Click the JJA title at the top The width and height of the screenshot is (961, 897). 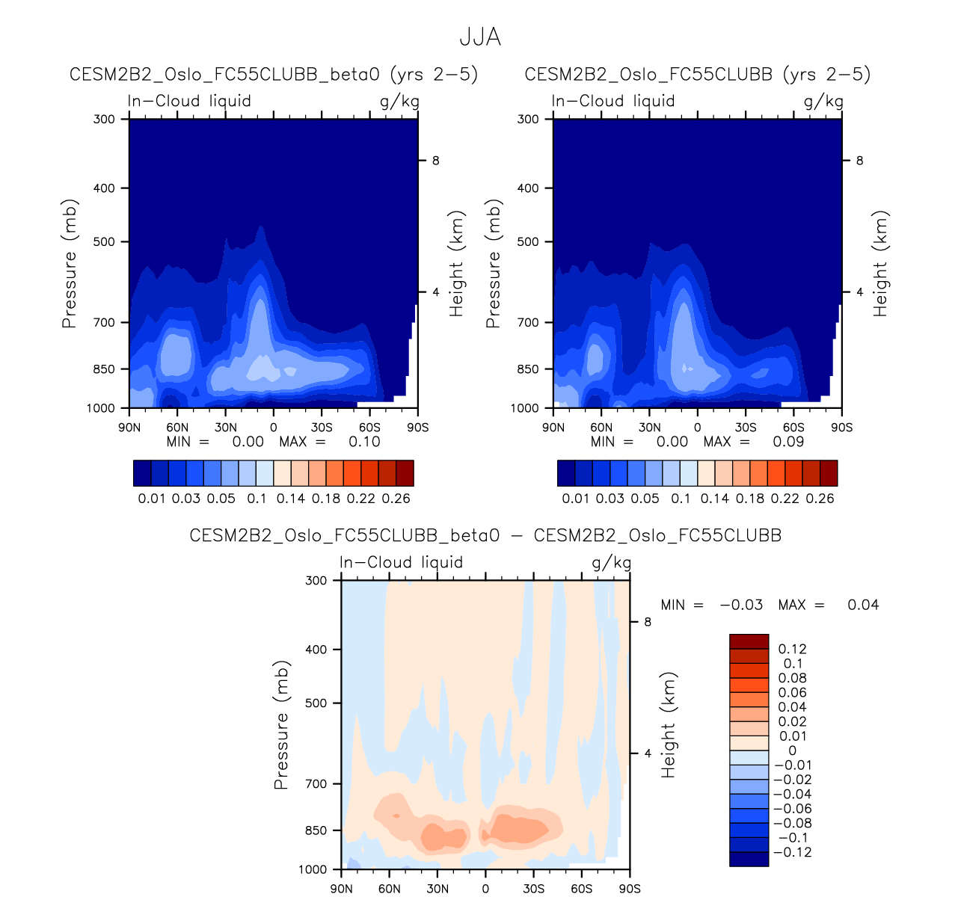(x=479, y=37)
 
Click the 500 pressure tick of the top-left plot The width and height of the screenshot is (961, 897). (x=104, y=242)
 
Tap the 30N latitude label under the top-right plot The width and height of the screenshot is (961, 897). (x=649, y=428)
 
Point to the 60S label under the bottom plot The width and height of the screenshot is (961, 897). (x=581, y=889)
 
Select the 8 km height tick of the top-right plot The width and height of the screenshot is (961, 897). (x=859, y=161)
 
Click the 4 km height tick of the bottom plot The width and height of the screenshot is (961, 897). (x=648, y=753)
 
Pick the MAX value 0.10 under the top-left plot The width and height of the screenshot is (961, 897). (x=364, y=442)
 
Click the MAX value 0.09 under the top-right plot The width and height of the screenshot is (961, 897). (x=788, y=442)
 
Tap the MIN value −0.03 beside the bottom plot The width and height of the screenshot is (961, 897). (x=741, y=605)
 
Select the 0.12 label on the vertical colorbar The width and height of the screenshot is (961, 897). (x=792, y=650)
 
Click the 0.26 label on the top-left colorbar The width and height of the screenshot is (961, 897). (x=396, y=499)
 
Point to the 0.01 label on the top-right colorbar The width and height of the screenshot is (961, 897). (x=575, y=499)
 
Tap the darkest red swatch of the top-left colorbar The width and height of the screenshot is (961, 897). (x=405, y=473)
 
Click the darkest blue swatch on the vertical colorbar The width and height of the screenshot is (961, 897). (x=749, y=859)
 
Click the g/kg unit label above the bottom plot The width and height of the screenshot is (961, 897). (x=611, y=563)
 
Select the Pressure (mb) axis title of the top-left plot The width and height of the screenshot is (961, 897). (x=70, y=263)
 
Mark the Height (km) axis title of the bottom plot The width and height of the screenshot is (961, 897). (x=669, y=724)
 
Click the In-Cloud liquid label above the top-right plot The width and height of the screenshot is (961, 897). (x=613, y=101)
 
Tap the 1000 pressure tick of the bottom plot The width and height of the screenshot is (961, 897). (x=313, y=869)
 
